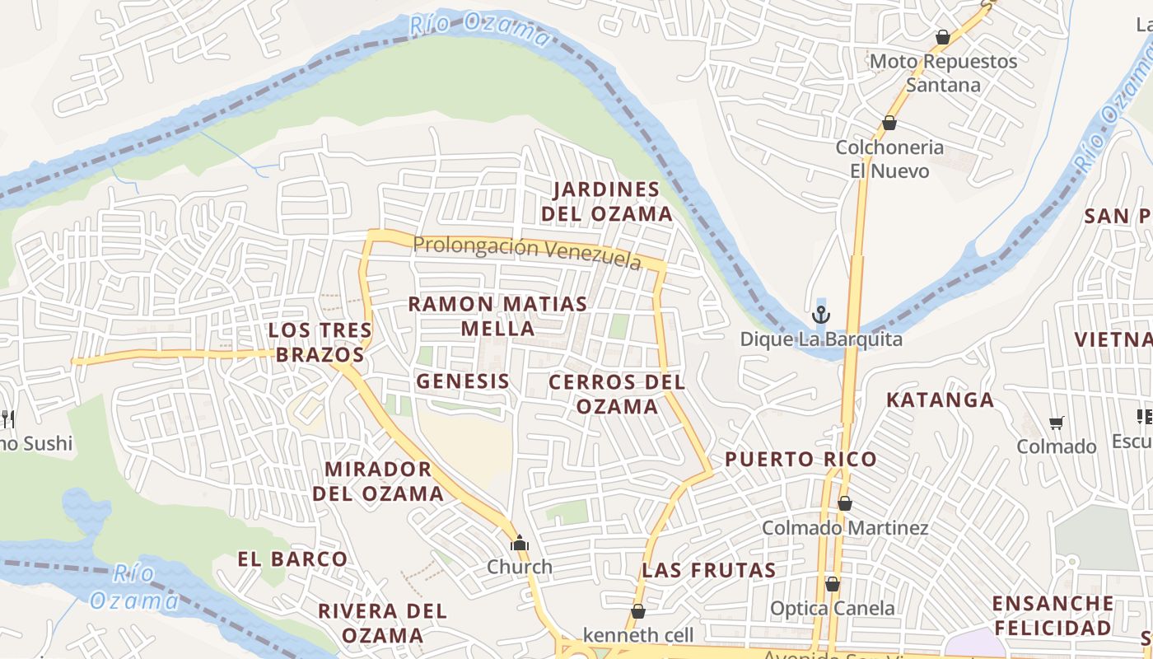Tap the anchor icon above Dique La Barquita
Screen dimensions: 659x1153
tap(820, 315)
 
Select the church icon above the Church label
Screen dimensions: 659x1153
tap(519, 543)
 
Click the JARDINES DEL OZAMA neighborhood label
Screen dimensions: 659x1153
tap(607, 202)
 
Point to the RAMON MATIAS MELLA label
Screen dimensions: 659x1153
tap(497, 316)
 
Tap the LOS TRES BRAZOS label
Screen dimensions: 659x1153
tap(316, 343)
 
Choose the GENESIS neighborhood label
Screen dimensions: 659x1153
tap(463, 381)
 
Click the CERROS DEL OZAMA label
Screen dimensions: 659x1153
tap(617, 394)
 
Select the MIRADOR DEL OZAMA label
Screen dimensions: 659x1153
tap(384, 481)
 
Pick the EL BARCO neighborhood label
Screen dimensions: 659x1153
tap(292, 559)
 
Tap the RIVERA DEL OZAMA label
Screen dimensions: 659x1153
tap(382, 624)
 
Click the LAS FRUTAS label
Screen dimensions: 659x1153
tap(708, 570)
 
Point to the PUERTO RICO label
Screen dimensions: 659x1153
tap(801, 460)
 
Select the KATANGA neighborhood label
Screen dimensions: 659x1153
tap(940, 400)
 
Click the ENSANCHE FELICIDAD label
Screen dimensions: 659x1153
tap(1053, 615)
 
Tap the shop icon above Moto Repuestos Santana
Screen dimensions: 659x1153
tap(943, 37)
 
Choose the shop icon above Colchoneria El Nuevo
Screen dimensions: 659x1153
tap(889, 124)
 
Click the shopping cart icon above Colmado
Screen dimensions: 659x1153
tap(1057, 423)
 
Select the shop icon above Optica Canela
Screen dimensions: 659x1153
tap(833, 584)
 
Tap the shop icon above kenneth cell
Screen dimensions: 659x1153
tap(638, 611)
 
